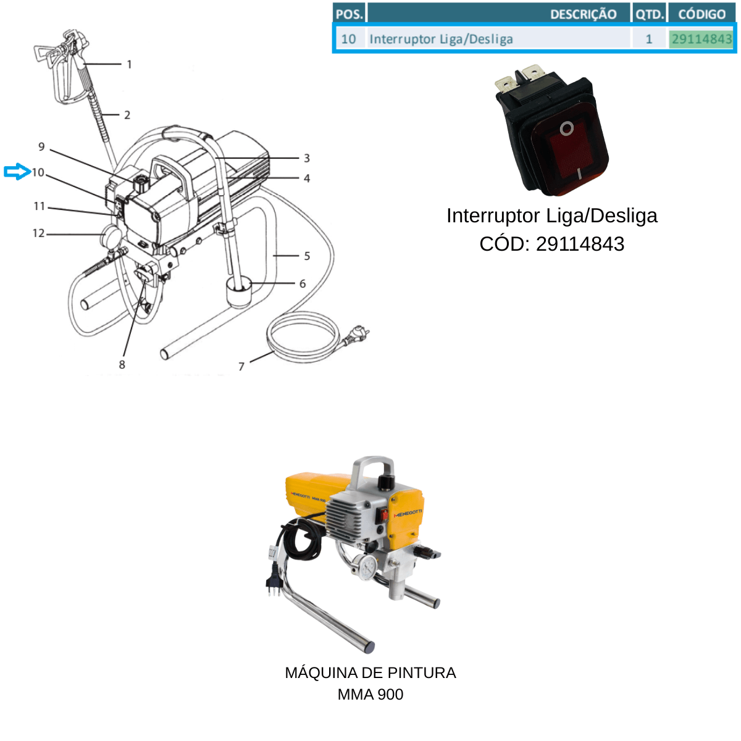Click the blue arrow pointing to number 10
17,172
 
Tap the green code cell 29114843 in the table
701,39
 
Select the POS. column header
349,14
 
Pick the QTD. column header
650,14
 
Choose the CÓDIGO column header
701,14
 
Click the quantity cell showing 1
649,39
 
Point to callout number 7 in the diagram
241,366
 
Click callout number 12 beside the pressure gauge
38,233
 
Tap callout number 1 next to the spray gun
130,64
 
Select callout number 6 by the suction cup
303,284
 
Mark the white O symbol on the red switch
566,129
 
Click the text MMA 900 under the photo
371,695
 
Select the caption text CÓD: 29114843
552,244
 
